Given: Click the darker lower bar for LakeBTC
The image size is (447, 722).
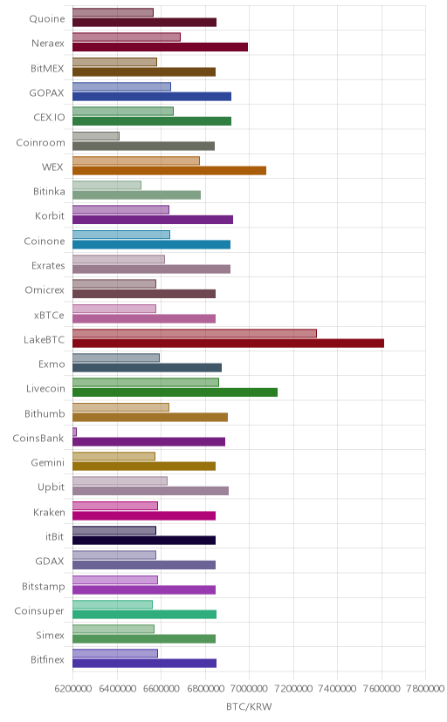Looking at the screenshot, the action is [x=228, y=343].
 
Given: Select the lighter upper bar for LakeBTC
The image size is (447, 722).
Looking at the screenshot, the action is [x=195, y=333].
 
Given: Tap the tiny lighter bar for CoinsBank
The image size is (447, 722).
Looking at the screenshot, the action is [x=74, y=432].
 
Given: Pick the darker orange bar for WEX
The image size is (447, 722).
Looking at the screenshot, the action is [x=169, y=170].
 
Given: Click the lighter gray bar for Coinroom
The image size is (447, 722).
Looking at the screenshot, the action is [x=96, y=136].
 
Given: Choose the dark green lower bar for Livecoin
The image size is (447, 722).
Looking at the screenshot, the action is [x=175, y=392].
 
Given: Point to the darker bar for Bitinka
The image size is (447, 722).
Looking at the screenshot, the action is [x=136, y=194].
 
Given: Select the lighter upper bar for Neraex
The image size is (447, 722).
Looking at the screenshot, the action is [x=127, y=37].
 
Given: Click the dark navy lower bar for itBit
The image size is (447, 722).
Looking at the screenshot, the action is [x=144, y=540].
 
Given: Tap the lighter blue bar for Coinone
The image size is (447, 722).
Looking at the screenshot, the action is [x=121, y=235].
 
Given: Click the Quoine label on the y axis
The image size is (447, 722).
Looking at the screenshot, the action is [x=47, y=19].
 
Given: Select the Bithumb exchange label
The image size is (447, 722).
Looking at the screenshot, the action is [x=45, y=413].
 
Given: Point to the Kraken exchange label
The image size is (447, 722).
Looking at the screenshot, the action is [x=49, y=512].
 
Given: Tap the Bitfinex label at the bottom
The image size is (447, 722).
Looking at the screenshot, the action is [x=47, y=660].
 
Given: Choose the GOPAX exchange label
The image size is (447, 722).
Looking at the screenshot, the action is [x=46, y=93].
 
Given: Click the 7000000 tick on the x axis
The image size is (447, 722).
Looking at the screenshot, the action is [x=250, y=689].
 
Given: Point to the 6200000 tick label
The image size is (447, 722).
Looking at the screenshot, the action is [x=72, y=689].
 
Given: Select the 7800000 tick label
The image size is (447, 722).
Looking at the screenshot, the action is [x=426, y=689].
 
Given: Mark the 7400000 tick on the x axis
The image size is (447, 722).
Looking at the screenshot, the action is [x=337, y=689].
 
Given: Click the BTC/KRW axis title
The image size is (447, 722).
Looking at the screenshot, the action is [x=249, y=707].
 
